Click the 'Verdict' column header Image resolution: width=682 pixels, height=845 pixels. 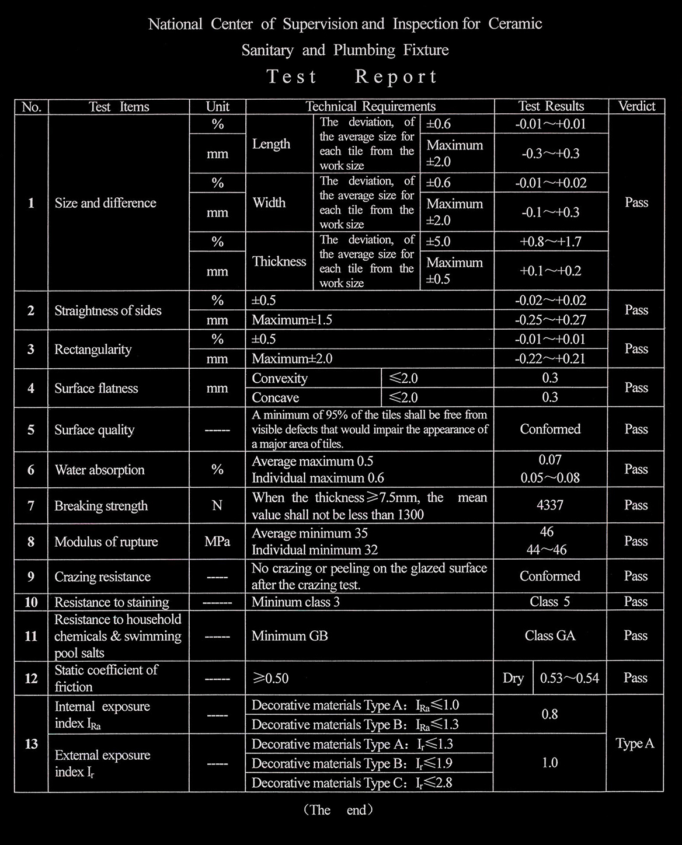point(636,106)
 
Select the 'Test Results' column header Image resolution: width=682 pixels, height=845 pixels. point(551,106)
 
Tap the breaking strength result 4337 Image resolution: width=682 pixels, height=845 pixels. point(550,505)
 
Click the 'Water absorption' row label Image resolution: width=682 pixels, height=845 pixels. point(99,470)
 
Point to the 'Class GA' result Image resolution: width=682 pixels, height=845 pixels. point(550,636)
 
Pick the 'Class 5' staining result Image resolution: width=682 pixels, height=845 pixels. point(550,602)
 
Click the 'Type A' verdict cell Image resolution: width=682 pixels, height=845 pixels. point(635,743)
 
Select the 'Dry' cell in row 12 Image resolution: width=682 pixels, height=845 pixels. point(513,678)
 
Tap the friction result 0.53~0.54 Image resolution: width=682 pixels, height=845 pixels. point(569,678)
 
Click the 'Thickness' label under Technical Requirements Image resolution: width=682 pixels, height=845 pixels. point(279,261)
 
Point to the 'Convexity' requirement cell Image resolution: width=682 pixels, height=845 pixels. point(280,378)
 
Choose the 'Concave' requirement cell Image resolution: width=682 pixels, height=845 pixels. point(276,397)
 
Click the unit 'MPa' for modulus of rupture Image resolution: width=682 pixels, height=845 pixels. point(217,542)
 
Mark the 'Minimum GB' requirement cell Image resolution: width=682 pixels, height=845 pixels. point(290,636)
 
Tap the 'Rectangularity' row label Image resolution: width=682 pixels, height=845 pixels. point(93,349)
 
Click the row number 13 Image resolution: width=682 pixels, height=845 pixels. point(32,743)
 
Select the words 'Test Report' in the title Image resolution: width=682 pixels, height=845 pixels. point(352,76)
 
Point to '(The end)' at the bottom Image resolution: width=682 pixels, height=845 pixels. point(339,810)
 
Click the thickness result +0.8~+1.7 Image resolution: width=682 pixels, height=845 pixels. point(551,242)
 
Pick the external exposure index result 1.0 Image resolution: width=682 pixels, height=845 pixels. point(550,763)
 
